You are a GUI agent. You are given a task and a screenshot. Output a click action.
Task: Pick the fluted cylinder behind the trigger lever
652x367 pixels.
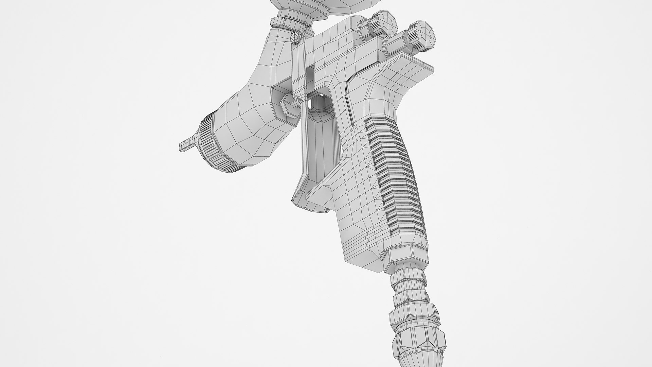(x=323, y=143)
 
